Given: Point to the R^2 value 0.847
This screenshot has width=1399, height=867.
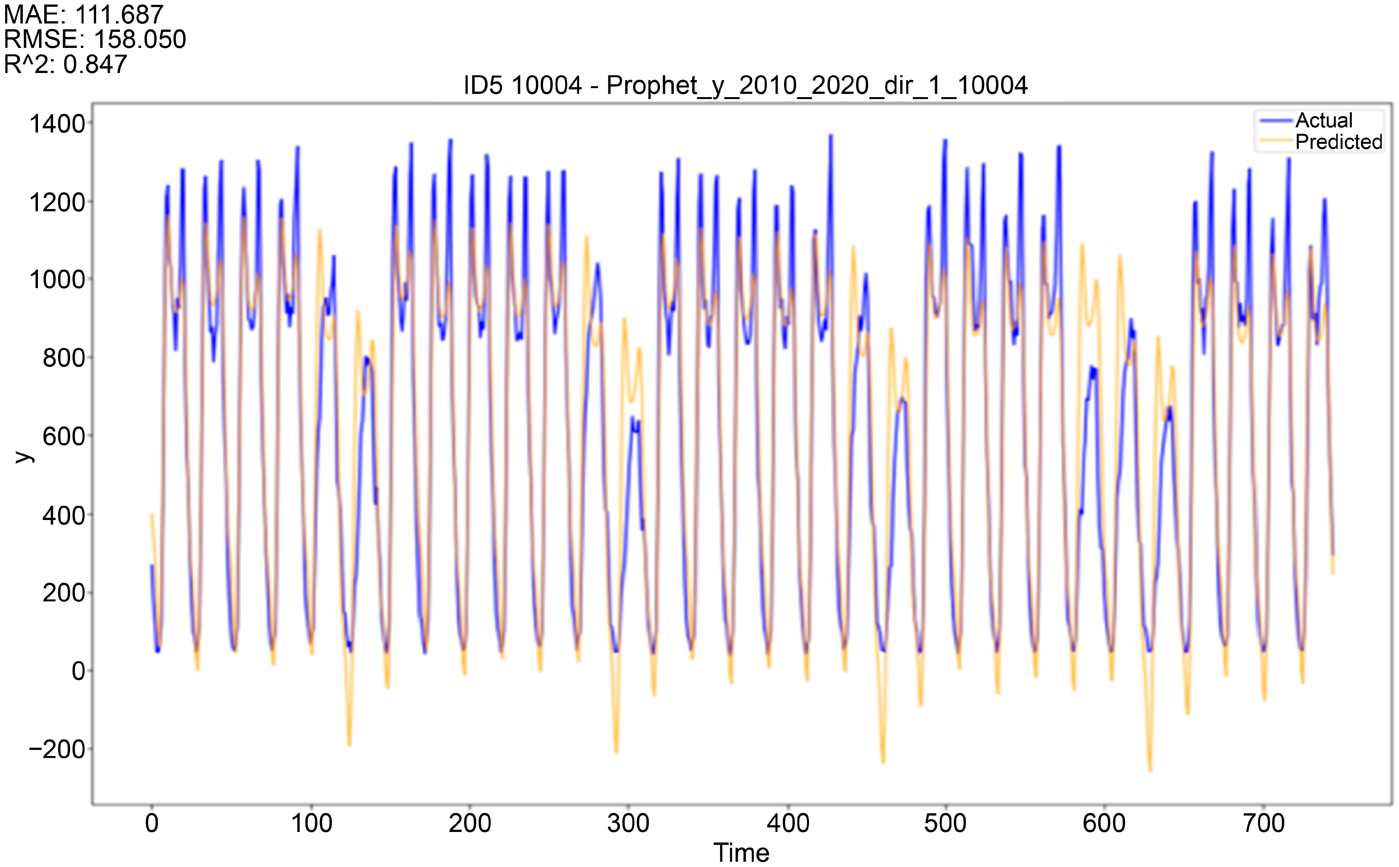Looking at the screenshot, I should click(95, 64).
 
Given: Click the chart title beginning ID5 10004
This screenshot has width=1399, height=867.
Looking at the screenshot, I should click(745, 86).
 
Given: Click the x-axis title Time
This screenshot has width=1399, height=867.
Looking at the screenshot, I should click(741, 853).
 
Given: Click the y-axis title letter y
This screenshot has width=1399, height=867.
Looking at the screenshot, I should click(23, 456).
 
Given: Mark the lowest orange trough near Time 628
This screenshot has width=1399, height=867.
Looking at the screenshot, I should click(1149, 771).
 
